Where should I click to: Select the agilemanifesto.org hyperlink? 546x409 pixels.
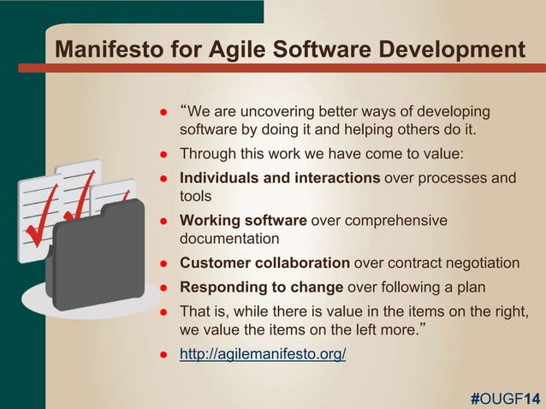coord(263,354)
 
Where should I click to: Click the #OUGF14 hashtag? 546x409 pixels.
coord(505,397)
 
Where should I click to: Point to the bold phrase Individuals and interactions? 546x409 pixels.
coord(280,178)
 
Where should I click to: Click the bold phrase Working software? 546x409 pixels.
coord(243,221)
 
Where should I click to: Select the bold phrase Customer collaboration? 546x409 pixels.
coord(264,263)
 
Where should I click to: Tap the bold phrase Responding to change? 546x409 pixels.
coord(261,287)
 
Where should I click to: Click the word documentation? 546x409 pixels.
coord(229,239)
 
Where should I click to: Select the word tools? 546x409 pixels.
coord(196,196)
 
